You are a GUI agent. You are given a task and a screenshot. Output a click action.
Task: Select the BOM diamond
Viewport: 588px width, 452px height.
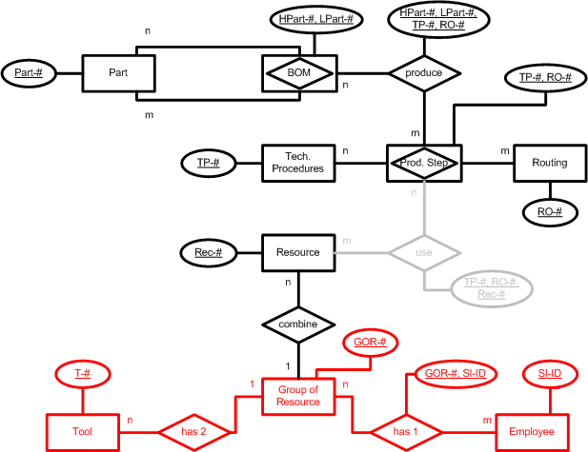point(299,73)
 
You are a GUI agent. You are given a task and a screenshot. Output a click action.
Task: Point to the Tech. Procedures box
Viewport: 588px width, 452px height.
point(298,163)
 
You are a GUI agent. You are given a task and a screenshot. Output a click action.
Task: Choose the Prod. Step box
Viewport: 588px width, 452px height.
point(424,163)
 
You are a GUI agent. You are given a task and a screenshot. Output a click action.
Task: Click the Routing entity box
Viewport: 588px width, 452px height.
point(550,163)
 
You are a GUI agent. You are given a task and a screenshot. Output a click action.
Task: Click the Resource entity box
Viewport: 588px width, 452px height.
point(298,252)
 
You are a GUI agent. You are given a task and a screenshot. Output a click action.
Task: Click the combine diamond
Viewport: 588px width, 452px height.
point(298,324)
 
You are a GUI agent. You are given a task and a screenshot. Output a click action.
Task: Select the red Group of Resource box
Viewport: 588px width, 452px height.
point(298,396)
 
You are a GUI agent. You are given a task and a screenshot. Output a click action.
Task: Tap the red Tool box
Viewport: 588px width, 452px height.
point(82,430)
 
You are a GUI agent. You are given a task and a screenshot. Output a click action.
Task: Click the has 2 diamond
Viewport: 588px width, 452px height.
point(191,430)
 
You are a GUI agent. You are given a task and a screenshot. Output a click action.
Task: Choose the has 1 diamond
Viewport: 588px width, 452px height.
point(407,430)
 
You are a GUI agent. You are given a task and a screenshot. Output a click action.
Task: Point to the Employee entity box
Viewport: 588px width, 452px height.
point(532,430)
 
